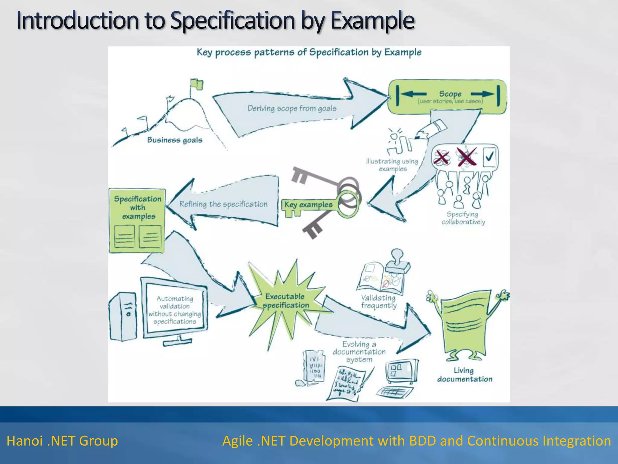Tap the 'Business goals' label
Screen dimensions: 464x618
(175, 140)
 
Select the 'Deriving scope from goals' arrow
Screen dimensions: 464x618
(292, 108)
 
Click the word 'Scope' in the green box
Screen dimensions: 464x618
(450, 94)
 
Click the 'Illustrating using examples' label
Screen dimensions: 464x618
(392, 165)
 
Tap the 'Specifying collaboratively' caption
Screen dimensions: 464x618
(463, 218)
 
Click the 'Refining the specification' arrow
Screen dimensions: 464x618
(223, 204)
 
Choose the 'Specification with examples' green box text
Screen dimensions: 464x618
(138, 208)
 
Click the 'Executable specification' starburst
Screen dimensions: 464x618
(286, 301)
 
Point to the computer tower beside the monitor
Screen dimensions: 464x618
(123, 316)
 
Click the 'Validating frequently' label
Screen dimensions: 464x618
(379, 301)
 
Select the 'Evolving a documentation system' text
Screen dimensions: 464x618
(359, 352)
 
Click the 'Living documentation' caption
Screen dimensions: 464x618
(464, 375)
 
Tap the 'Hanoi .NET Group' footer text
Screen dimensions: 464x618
(62, 441)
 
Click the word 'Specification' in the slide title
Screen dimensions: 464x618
(232, 21)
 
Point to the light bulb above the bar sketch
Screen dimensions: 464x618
(394, 136)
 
